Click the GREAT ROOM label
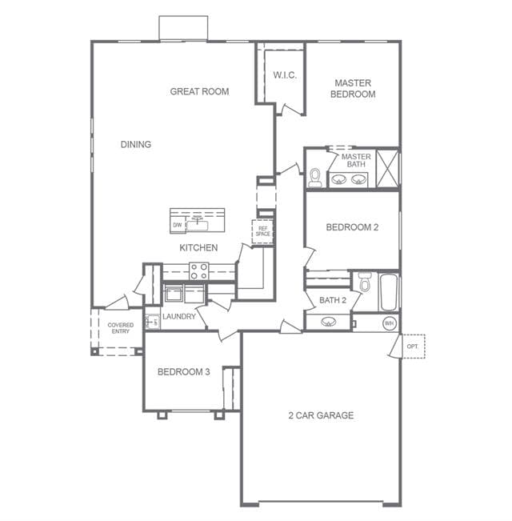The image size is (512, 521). tap(199, 91)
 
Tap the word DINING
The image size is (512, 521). tap(136, 144)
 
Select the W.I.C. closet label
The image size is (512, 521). tap(285, 75)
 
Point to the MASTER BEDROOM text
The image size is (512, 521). tap(353, 88)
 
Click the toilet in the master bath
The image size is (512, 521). tap(314, 178)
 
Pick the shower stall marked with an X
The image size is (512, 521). tap(387, 168)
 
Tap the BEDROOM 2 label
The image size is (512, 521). tap(352, 227)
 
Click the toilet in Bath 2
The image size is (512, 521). tap(365, 282)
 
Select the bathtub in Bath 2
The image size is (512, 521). tap(389, 292)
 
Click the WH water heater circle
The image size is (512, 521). tap(389, 323)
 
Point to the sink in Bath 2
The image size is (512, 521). tap(328, 322)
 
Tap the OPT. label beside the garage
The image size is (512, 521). tap(412, 347)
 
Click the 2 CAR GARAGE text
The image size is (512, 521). tap(321, 415)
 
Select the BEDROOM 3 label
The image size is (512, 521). tap(184, 372)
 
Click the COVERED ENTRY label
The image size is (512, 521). tap(121, 328)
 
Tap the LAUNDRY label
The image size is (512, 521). tap(179, 317)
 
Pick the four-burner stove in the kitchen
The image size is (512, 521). tap(199, 271)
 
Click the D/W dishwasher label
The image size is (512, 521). tap(178, 225)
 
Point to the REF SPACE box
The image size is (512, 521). tap(262, 231)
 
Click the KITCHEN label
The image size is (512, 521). tap(198, 247)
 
